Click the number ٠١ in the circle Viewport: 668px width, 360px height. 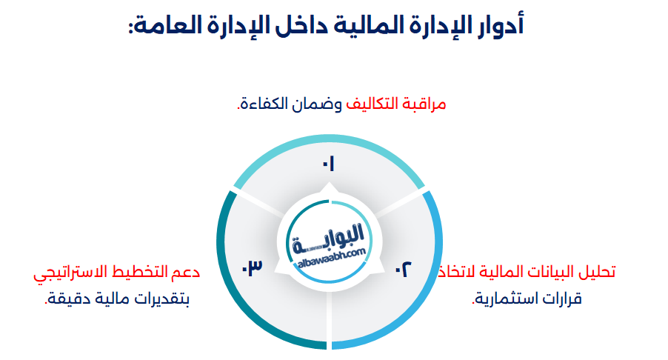coord(328,164)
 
